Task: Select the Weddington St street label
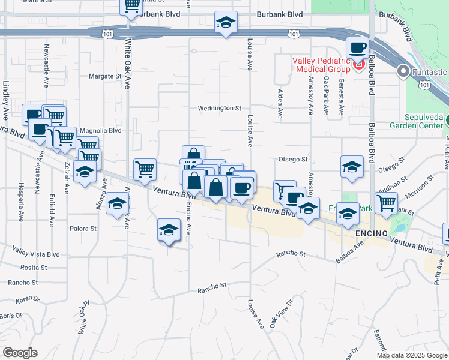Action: click(220, 108)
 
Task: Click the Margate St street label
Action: click(105, 76)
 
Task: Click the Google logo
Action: click(20, 352)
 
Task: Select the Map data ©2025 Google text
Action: click(412, 355)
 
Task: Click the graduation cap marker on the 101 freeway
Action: click(226, 23)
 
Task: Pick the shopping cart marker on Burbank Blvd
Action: click(131, 6)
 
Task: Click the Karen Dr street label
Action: click(25, 299)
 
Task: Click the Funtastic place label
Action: click(430, 72)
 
